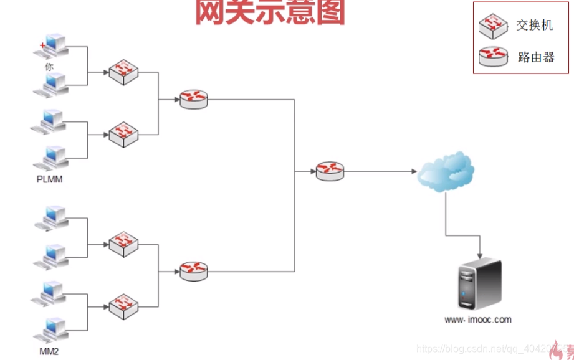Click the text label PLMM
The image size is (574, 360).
pyautogui.click(x=50, y=179)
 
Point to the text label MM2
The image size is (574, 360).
pyautogui.click(x=49, y=351)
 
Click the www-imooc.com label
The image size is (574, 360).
pyautogui.click(x=478, y=320)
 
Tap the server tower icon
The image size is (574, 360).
pyautogui.click(x=479, y=285)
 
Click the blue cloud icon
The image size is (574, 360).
pyautogui.click(x=446, y=171)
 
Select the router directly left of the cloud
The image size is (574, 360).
pyautogui.click(x=330, y=171)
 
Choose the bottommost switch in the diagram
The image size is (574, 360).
pyautogui.click(x=123, y=305)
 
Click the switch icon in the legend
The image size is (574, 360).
pyautogui.click(x=493, y=26)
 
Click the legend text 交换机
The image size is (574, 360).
pyautogui.click(x=535, y=26)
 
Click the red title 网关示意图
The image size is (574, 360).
pyautogui.click(x=271, y=12)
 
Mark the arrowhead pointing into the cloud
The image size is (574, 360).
pyautogui.click(x=413, y=171)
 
